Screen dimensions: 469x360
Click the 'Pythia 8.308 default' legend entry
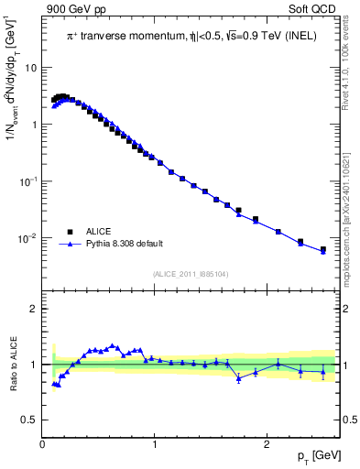(125, 245)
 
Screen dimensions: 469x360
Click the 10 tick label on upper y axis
(30, 68)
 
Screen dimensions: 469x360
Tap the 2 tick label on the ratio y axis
(34, 309)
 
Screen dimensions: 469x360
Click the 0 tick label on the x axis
(42, 444)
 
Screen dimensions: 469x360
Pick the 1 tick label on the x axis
(155, 444)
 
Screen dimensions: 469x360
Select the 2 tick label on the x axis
(267, 444)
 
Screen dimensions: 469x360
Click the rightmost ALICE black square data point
(322, 249)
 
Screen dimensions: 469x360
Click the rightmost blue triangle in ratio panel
(322, 371)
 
